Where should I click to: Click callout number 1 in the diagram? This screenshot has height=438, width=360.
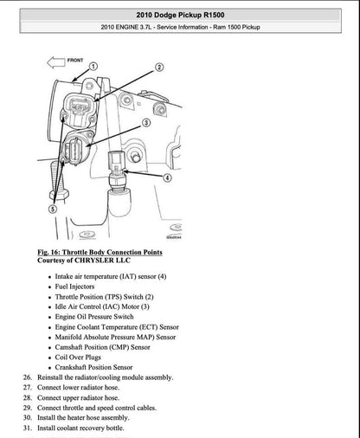click(93, 66)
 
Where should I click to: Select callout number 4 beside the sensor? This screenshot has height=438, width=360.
click(166, 177)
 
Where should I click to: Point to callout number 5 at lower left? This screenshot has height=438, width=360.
click(53, 209)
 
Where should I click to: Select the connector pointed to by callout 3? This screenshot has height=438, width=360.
click(75, 152)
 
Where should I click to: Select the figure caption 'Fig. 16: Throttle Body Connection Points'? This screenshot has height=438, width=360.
click(100, 252)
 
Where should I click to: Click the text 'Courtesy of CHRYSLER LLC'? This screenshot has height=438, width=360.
click(87, 261)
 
